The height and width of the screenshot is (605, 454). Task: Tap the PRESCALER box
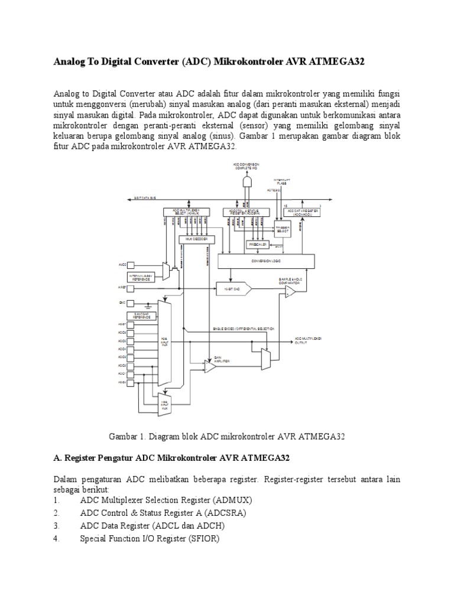tap(258, 244)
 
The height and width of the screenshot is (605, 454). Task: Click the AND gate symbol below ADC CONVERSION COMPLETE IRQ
tap(249, 180)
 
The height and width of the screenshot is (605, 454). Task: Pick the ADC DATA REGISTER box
tap(303, 212)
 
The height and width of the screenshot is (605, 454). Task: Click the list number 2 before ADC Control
tap(56, 513)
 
